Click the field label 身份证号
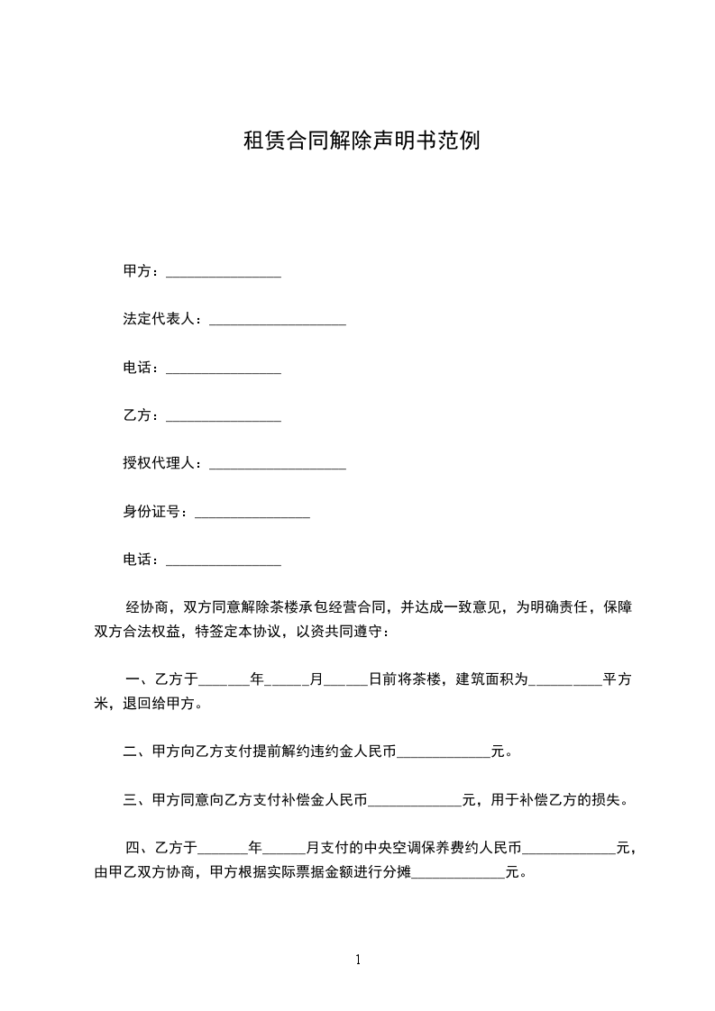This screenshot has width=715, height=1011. pos(155,513)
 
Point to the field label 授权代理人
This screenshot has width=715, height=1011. pos(162,464)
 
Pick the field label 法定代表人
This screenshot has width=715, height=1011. pos(162,320)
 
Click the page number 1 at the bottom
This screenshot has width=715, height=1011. pos(358,961)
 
